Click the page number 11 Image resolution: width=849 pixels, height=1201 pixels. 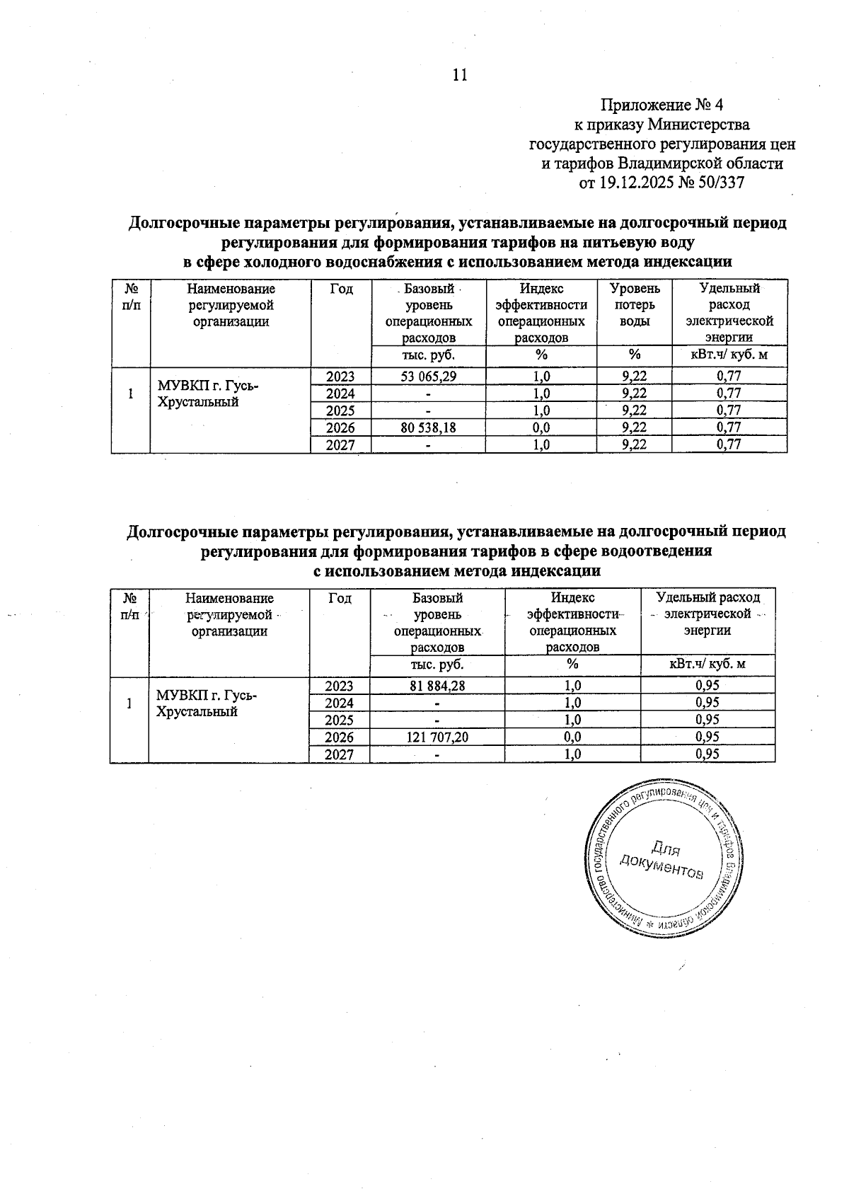point(459,76)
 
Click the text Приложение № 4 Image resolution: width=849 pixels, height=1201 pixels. point(662,106)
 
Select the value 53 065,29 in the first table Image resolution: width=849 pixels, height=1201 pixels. point(428,376)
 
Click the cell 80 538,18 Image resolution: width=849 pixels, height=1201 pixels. point(428,427)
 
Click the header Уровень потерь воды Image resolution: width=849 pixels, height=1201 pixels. point(635,304)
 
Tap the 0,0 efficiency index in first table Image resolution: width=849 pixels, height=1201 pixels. point(541,427)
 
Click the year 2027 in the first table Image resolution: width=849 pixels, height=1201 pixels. point(340,444)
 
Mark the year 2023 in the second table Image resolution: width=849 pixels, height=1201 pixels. point(339,685)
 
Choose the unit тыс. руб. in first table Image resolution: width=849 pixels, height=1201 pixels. point(428,355)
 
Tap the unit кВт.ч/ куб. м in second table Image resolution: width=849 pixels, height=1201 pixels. point(707,665)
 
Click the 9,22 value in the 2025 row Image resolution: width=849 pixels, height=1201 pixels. point(635,410)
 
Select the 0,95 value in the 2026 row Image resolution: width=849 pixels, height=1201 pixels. point(707,737)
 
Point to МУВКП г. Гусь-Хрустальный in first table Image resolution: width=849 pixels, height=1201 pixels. point(208,394)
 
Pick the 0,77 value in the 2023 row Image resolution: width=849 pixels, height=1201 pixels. point(729,376)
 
